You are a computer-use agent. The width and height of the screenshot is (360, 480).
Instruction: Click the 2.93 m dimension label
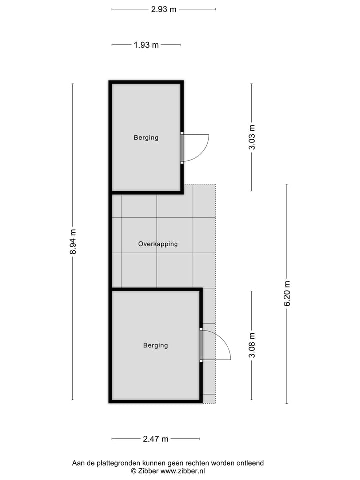tap(164, 9)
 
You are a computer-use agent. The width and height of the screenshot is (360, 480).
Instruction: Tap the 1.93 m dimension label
tap(146, 45)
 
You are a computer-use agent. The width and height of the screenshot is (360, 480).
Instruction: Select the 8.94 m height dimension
tap(73, 242)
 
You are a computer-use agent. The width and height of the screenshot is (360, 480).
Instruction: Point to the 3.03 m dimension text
tap(252, 137)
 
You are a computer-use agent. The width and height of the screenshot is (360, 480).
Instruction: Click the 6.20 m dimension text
tap(287, 294)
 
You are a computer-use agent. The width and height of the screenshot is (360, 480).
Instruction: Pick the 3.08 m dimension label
tap(252, 345)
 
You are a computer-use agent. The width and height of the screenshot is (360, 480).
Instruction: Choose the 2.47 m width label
tap(156, 439)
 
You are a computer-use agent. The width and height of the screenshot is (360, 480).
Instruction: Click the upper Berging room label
tap(146, 137)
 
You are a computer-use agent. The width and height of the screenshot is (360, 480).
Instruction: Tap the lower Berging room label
tap(155, 345)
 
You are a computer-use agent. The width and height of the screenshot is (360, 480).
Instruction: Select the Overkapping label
tap(158, 244)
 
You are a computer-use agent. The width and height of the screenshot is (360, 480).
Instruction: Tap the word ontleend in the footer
tap(249, 463)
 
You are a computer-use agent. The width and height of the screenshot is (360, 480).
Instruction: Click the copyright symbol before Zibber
tap(134, 471)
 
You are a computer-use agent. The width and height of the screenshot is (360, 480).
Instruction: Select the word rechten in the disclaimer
tap(197, 463)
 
